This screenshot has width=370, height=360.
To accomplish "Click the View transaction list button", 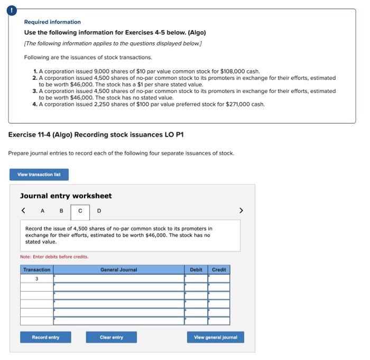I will pos(39,174).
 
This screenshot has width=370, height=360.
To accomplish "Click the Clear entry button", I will pos(111,337).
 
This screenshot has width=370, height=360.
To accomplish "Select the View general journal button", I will pos(215,337).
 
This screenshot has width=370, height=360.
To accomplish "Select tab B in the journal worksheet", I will pos(61,211).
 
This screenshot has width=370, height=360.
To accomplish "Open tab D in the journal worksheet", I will pos(98,211).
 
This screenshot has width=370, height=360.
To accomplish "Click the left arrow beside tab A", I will pos(24,211).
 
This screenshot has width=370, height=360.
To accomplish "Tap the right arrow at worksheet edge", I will pos(242,211).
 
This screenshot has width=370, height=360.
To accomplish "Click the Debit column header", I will pos(196,270).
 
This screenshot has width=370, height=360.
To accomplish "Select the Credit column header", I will pos(219,270).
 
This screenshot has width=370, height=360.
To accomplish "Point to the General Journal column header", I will pos(118,270).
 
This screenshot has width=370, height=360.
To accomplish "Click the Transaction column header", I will pos(36,270).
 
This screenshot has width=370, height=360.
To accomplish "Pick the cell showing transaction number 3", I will pos(36,279).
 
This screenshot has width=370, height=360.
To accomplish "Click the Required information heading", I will pos(52,22).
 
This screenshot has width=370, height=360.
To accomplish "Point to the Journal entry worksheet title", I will pos(66,196).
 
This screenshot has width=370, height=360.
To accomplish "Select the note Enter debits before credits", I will pos(54,257).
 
